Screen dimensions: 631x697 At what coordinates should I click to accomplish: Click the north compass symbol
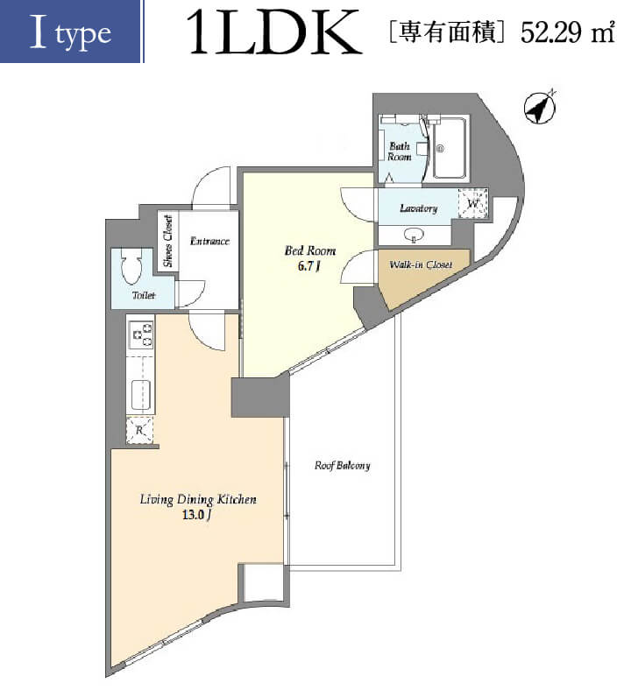[x=540, y=108]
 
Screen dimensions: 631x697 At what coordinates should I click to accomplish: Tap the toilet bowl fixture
[x=131, y=266]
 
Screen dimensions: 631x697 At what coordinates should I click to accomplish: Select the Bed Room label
[x=310, y=250]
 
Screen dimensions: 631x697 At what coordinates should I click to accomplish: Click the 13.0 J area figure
[x=196, y=515]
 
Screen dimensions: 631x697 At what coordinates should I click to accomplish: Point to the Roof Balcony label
[x=342, y=466]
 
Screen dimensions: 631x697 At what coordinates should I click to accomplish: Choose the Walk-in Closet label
[x=421, y=264]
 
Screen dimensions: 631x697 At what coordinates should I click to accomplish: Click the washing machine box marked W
[x=473, y=204]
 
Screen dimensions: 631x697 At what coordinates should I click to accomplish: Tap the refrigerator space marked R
[x=139, y=430]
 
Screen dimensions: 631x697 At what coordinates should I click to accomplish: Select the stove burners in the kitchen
[x=142, y=335]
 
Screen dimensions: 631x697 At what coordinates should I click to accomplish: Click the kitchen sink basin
[x=142, y=395]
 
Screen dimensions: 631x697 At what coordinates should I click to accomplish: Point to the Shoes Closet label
[x=168, y=242]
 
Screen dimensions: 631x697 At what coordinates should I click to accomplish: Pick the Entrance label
[x=209, y=241]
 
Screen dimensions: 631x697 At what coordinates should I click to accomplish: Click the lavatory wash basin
[x=414, y=235]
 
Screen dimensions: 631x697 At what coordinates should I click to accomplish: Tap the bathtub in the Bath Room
[x=450, y=148]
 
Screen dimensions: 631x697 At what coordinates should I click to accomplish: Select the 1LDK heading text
[x=273, y=32]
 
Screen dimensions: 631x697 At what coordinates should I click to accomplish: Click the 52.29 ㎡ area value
[x=568, y=32]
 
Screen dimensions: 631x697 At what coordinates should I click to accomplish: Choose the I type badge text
[x=70, y=32]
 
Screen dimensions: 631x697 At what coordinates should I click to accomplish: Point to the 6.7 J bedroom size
[x=309, y=266]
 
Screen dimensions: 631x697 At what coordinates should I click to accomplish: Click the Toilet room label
[x=144, y=295]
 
